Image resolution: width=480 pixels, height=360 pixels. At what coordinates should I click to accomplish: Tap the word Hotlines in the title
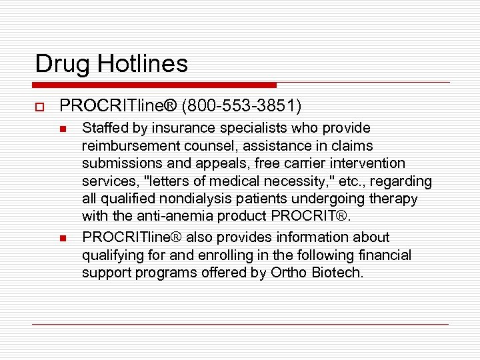pos(143,64)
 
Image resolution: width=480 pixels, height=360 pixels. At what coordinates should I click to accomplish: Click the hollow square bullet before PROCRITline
pos(39,107)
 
